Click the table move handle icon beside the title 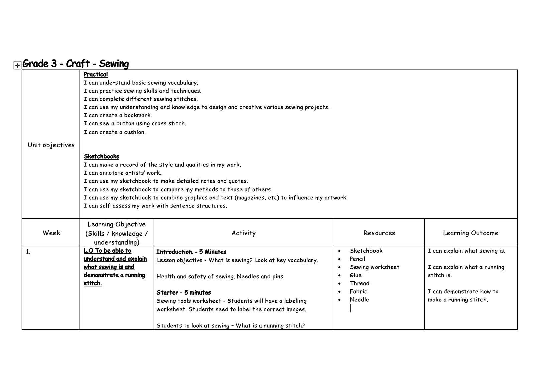tap(17, 65)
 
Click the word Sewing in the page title tap(114, 64)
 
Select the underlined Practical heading tap(96, 74)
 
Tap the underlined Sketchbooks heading tap(101, 156)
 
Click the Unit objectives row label tap(51, 145)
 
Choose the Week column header tap(51, 233)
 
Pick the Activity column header tap(243, 233)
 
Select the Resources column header tap(379, 233)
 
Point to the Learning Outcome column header tap(470, 233)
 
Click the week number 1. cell tap(28, 252)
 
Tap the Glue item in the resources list tap(355, 275)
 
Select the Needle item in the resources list tap(359, 300)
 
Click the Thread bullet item tap(359, 283)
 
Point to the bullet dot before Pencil tap(340, 259)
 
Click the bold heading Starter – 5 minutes tap(184, 293)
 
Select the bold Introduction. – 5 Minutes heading tap(191, 252)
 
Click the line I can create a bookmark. tap(118, 115)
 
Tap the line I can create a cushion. tap(115, 132)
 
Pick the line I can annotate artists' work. tap(122, 173)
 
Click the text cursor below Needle tap(350, 308)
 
